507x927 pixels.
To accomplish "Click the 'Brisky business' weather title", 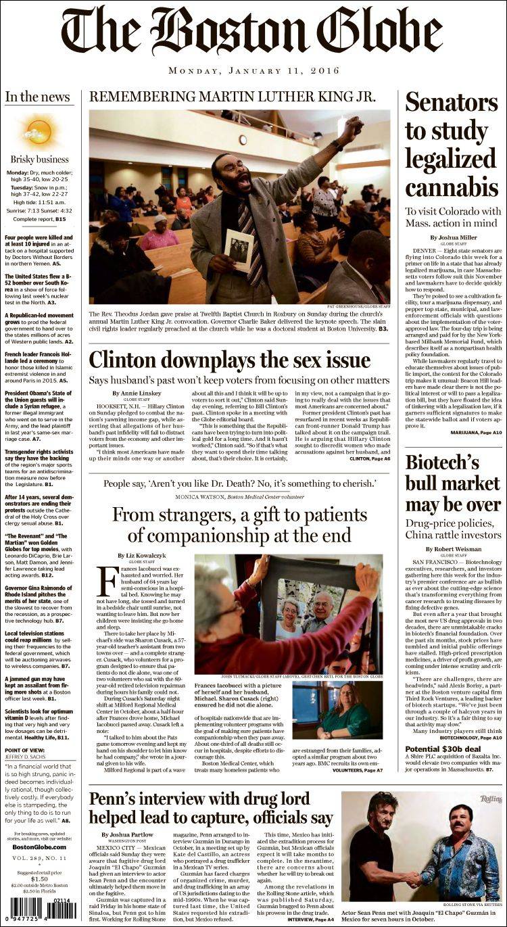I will (39, 160).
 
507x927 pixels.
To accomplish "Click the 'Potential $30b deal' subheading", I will (443, 748).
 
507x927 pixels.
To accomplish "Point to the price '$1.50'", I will (39, 879).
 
